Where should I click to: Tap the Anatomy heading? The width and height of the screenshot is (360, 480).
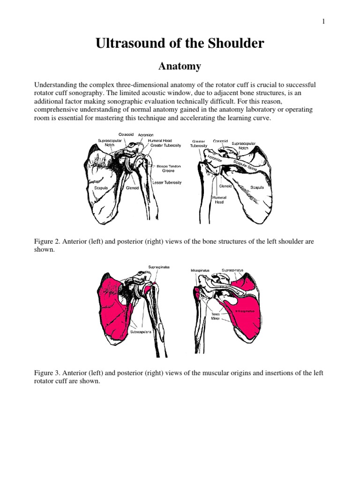point(180,67)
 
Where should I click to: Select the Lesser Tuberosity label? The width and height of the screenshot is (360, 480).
point(166,182)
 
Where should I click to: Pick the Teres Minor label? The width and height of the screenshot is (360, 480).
point(216,316)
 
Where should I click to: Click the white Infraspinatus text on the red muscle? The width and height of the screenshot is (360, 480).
point(244,311)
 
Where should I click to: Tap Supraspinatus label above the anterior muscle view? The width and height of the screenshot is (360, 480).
point(159,267)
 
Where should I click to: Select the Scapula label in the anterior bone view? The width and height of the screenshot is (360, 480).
point(101,187)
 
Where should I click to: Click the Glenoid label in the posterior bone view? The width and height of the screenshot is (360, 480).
point(227,186)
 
